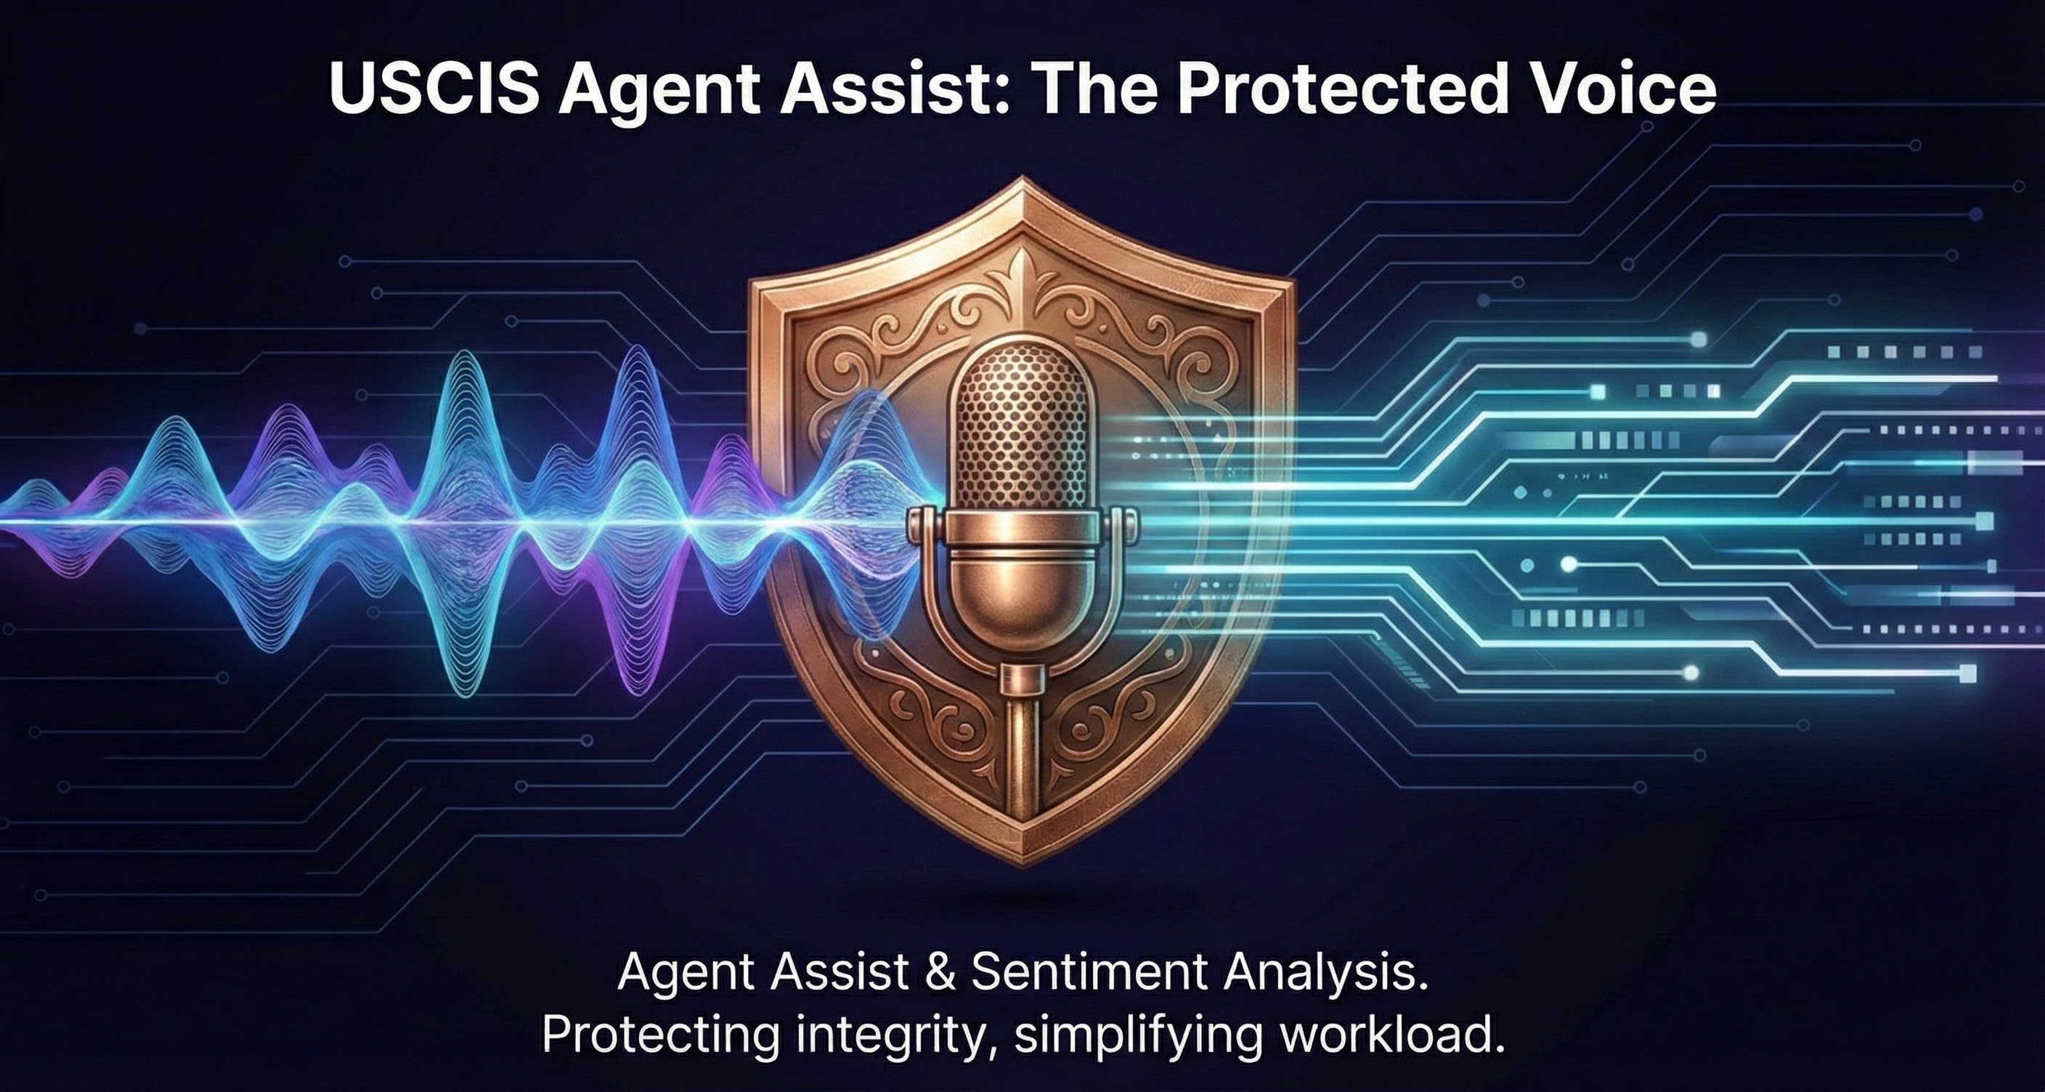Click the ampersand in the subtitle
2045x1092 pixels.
point(941,971)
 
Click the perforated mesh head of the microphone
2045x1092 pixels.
point(1023,428)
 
